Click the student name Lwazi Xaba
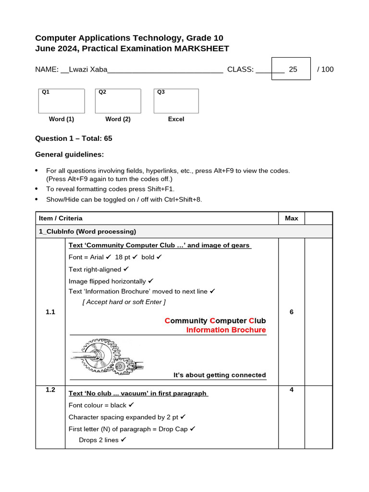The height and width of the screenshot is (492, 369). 88,69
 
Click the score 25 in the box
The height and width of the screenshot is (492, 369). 293,69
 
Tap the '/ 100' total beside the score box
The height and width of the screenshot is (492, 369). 325,69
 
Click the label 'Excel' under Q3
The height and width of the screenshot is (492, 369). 176,119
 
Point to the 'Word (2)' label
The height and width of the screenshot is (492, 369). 118,119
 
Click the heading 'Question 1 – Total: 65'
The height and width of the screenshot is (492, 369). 74,138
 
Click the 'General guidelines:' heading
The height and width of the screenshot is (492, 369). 69,154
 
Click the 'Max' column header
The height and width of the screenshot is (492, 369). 291,218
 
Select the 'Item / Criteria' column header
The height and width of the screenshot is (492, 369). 61,218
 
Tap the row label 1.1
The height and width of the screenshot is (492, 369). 50,312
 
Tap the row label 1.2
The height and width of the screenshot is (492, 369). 50,390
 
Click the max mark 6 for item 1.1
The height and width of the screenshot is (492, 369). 291,312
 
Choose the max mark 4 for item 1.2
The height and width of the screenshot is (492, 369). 291,390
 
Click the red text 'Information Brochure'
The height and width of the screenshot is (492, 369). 226,330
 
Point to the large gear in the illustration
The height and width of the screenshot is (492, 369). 99,355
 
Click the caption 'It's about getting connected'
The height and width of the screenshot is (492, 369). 219,375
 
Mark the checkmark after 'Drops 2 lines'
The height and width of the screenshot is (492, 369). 123,440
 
